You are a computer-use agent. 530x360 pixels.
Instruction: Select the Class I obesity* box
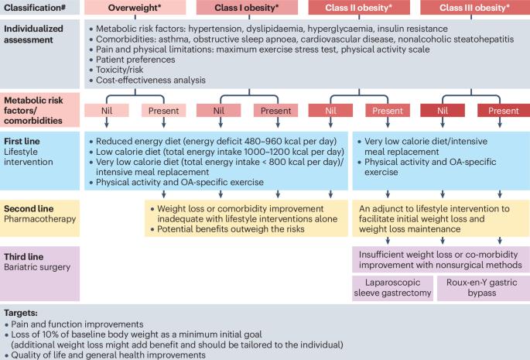click(246, 8)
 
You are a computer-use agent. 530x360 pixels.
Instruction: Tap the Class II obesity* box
click(358, 8)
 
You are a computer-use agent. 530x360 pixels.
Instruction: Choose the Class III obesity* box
click(474, 8)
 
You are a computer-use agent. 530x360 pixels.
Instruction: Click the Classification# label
click(36, 8)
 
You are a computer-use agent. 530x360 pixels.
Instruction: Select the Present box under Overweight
click(162, 110)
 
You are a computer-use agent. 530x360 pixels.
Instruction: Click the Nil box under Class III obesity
click(443, 110)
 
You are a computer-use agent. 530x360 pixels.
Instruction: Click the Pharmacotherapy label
click(39, 220)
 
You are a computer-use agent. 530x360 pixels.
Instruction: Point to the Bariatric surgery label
click(39, 266)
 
